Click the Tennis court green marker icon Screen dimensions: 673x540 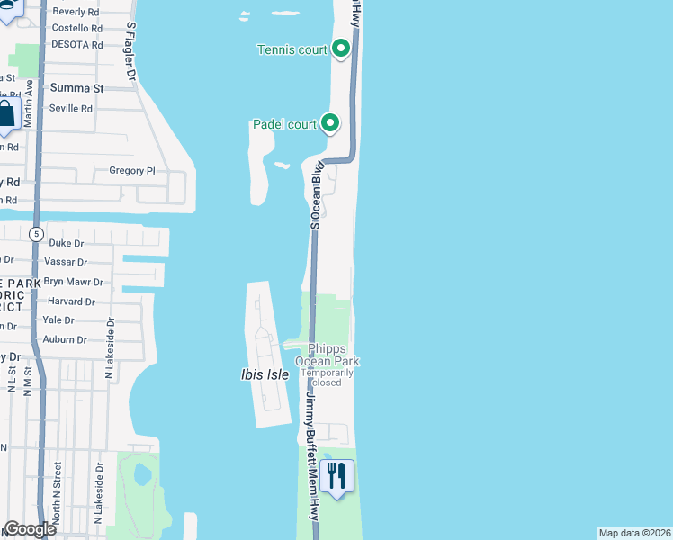[341, 49]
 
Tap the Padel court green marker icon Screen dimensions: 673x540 [330, 123]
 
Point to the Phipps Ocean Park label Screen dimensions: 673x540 [334, 355]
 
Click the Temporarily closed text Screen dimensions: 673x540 [334, 377]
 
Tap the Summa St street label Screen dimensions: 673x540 [77, 88]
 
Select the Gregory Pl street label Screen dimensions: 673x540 [132, 170]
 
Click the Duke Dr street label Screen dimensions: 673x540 [66, 243]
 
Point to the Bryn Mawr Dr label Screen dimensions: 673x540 [74, 282]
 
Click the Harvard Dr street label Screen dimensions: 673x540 [71, 301]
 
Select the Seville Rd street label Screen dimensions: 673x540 [71, 108]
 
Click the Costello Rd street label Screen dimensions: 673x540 [76, 28]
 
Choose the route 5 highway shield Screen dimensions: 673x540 [35, 234]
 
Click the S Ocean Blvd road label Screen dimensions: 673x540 [316, 194]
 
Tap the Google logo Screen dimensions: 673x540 [30, 529]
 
